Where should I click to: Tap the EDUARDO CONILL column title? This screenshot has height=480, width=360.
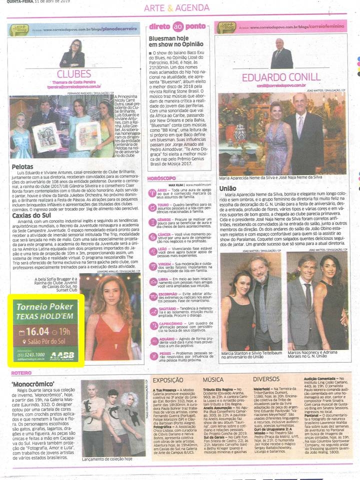point(280,77)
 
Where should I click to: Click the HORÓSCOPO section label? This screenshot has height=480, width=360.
point(161,178)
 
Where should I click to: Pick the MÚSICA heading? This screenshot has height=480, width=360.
point(212,379)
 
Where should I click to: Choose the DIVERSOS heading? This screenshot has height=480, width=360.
point(265,379)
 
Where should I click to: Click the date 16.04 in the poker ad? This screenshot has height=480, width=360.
point(37,331)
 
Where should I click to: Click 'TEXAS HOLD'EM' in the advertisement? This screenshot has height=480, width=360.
point(44,316)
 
